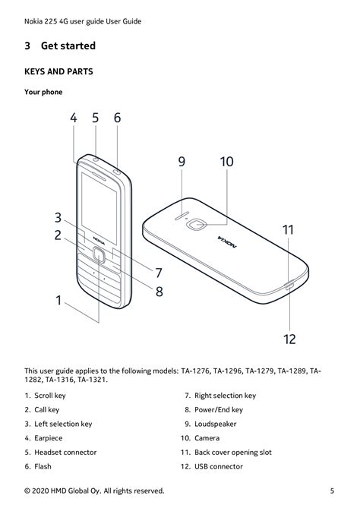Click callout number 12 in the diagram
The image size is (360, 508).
(x=289, y=339)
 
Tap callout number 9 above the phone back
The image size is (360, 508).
(x=182, y=162)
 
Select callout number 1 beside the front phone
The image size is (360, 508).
(x=58, y=301)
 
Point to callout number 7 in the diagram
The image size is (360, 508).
(x=159, y=273)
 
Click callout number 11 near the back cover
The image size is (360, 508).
(x=288, y=230)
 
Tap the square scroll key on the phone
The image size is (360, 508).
(x=99, y=255)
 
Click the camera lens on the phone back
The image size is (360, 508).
(x=196, y=224)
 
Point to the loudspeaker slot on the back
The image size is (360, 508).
(x=182, y=216)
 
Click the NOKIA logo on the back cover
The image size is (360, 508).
(x=227, y=242)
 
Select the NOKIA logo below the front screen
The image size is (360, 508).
(x=99, y=240)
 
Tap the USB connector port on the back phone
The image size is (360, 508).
(x=289, y=286)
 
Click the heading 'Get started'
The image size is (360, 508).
(x=68, y=46)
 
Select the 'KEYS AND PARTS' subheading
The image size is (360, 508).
(x=58, y=71)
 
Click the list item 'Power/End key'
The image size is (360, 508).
(x=219, y=410)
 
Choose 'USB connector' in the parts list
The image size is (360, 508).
(x=219, y=466)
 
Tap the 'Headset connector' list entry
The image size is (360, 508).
(x=65, y=453)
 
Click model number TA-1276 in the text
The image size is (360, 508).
(x=195, y=371)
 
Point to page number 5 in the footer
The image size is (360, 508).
(x=332, y=491)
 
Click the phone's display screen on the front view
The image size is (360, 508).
(x=99, y=207)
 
